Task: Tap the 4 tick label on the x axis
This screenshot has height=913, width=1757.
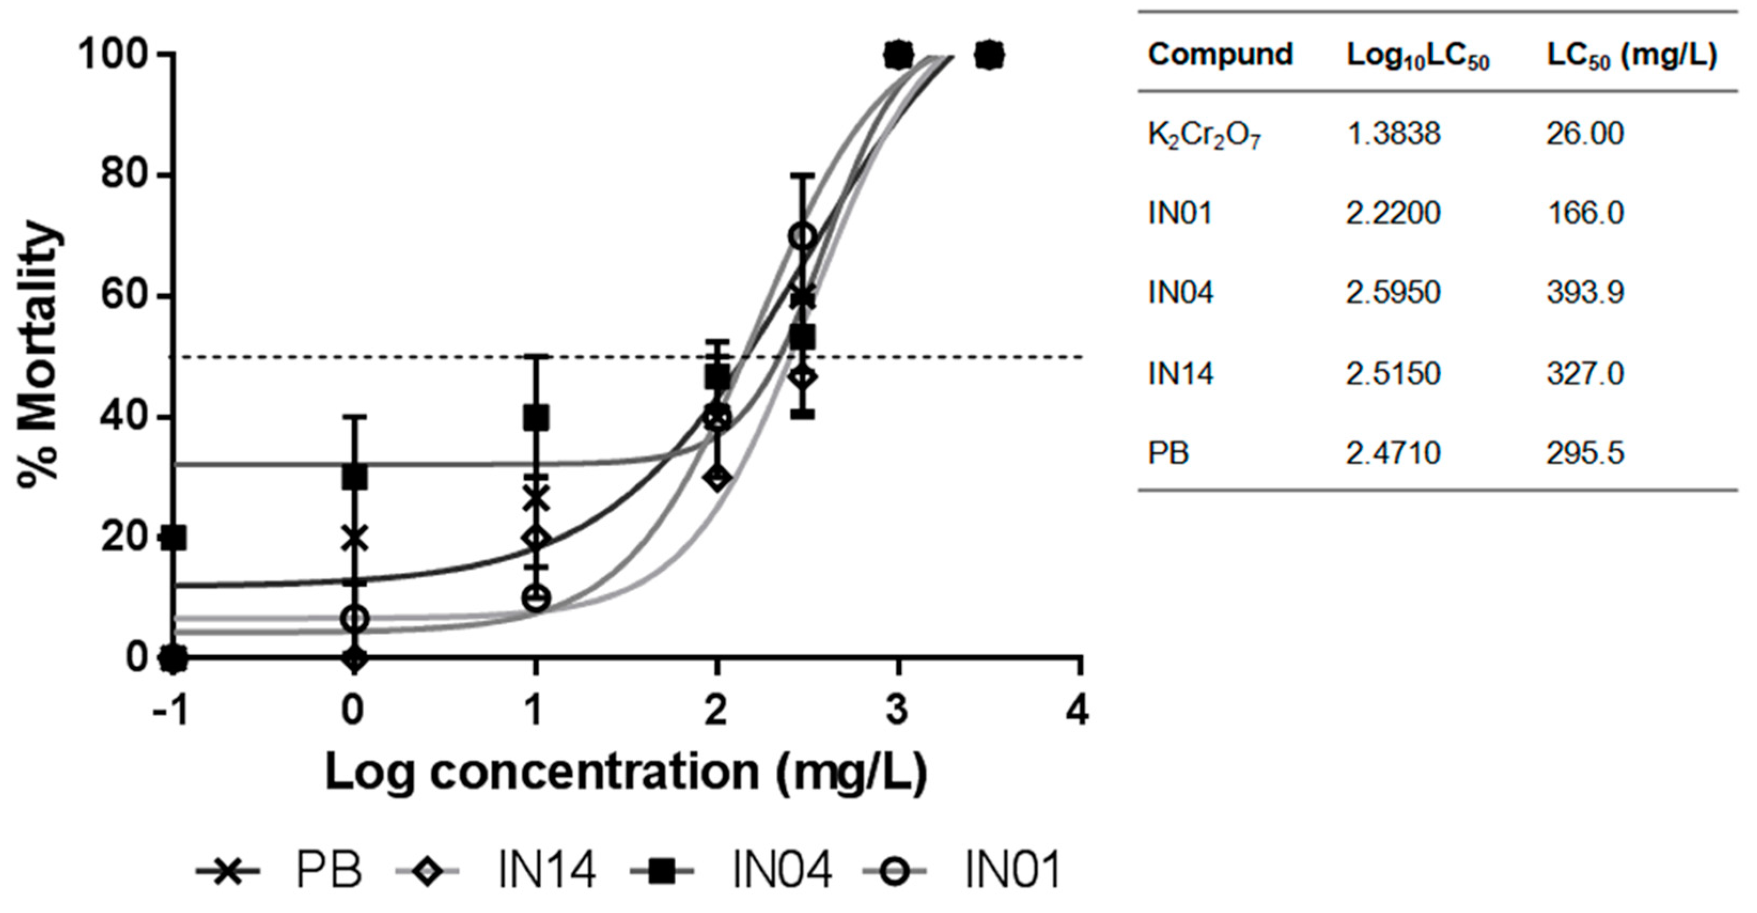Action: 1077,711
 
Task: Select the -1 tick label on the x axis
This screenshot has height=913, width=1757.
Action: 169,711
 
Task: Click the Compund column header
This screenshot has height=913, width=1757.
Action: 1220,54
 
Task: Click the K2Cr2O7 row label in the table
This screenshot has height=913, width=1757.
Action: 1205,135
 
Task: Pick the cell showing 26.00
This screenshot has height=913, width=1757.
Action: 1584,133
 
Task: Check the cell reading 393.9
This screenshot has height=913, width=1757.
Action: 1584,293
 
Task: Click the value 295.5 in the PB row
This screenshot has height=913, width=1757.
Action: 1584,453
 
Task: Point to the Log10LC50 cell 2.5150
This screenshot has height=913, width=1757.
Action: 1393,373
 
